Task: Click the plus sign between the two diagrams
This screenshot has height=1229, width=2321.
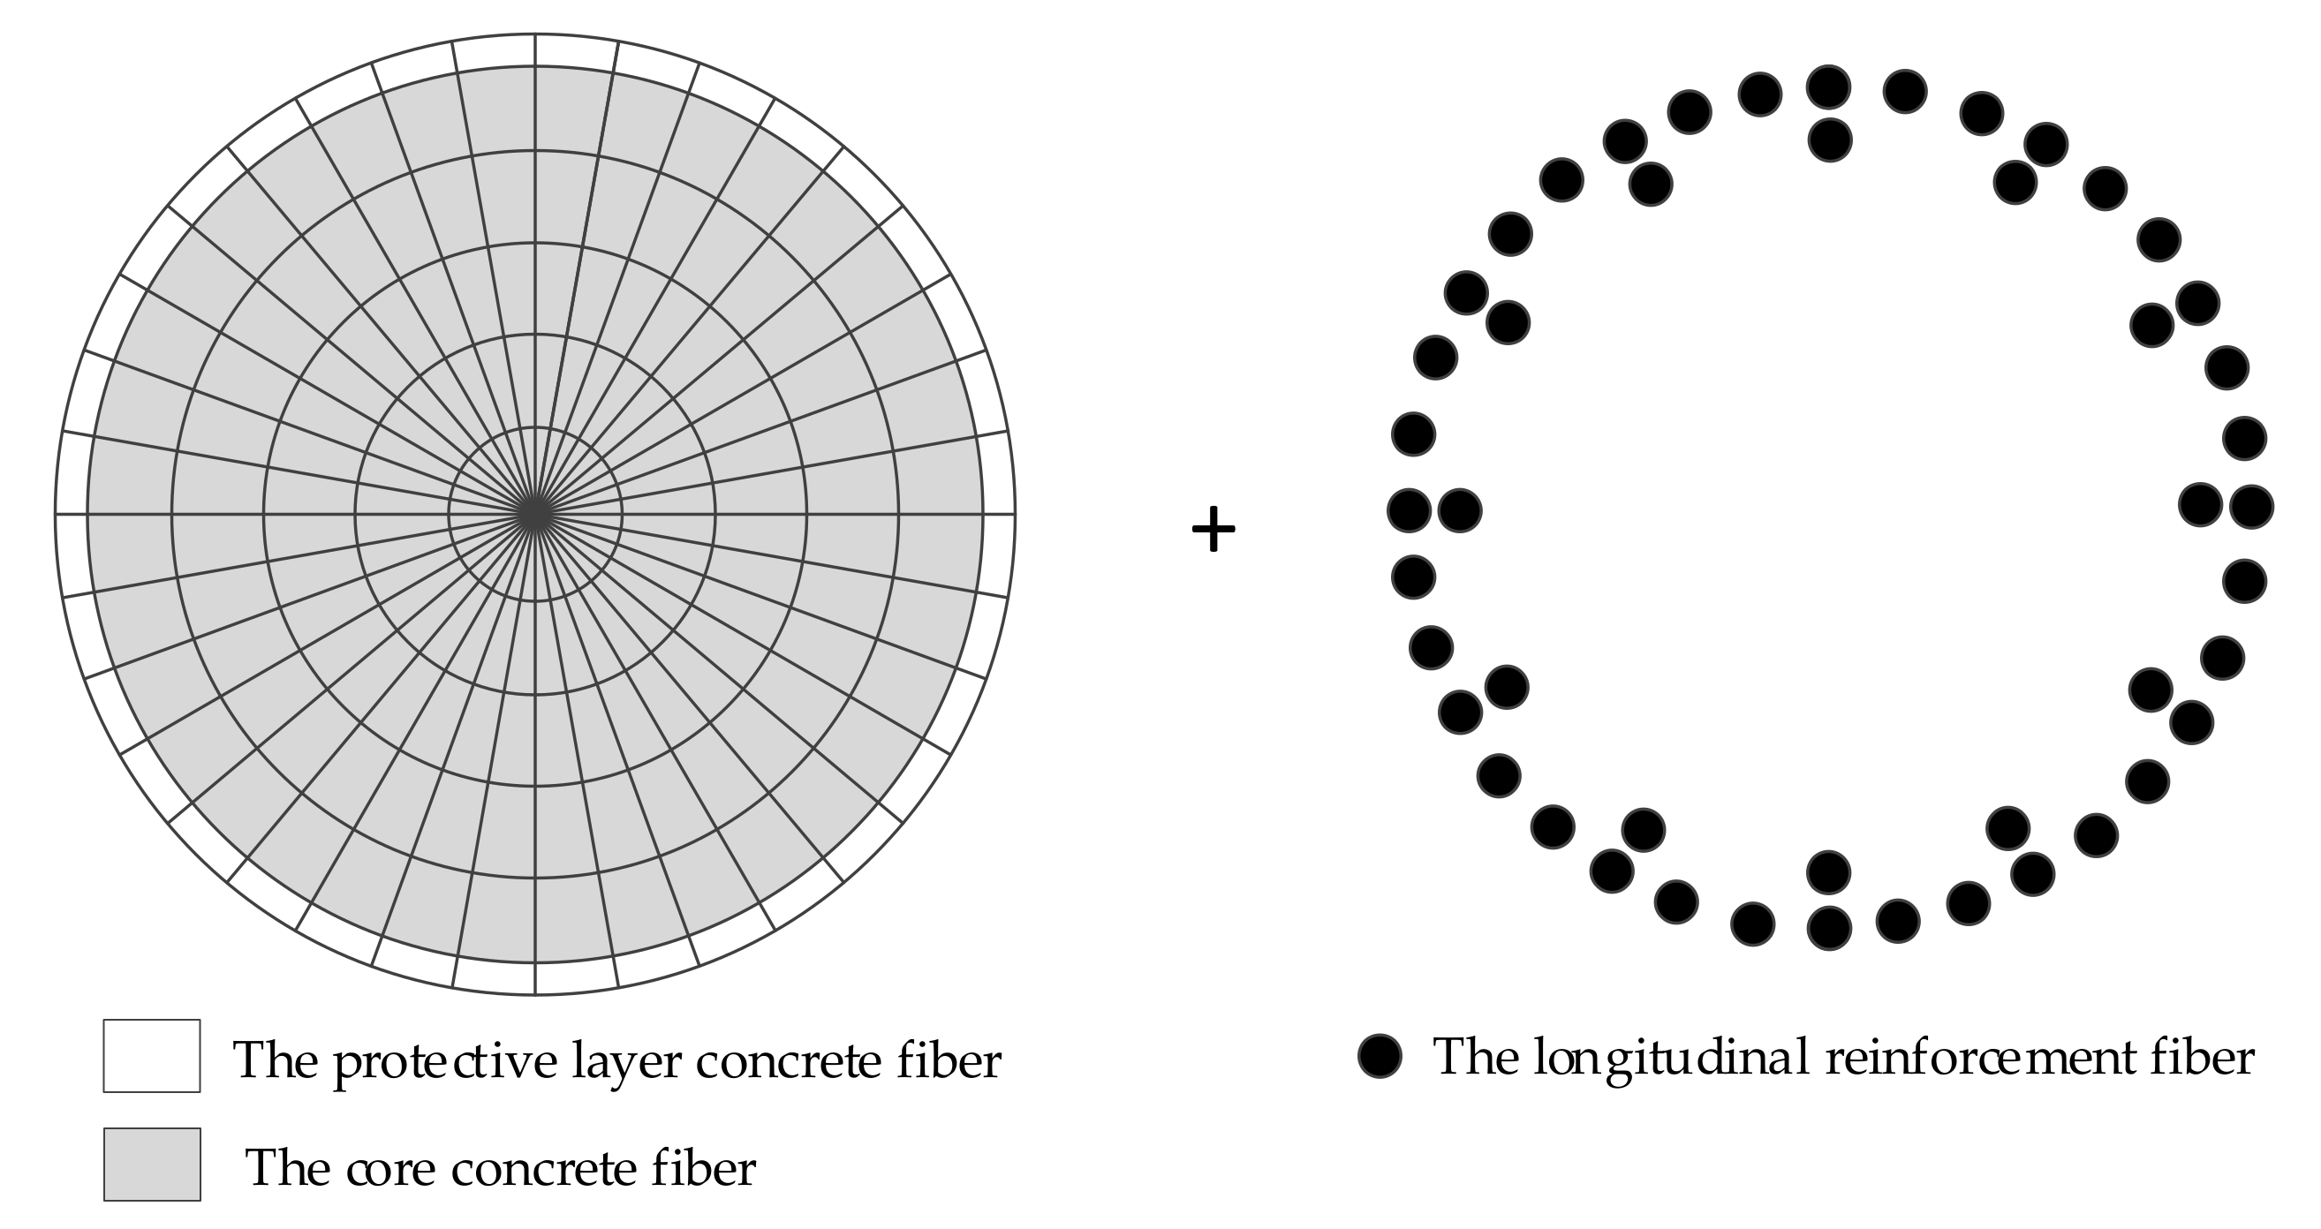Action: tap(1213, 529)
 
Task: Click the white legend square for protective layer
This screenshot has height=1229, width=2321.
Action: tap(151, 1055)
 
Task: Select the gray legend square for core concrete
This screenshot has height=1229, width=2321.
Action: tap(151, 1164)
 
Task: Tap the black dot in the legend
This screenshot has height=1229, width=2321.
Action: tap(1380, 1055)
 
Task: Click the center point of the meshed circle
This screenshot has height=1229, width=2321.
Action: tap(535, 514)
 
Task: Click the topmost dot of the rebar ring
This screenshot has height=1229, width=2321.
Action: tap(1828, 87)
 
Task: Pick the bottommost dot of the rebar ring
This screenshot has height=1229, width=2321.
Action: tap(1828, 928)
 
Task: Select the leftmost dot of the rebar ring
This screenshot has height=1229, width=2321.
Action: tap(1410, 510)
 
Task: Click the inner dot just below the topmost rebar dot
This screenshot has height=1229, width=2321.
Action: tap(1829, 139)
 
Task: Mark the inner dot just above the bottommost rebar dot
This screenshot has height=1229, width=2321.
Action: tap(1828, 872)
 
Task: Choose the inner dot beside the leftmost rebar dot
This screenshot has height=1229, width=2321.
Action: tap(1460, 511)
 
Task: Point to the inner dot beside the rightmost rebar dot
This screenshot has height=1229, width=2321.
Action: tap(2200, 504)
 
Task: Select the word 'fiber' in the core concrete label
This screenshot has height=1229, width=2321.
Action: tap(704, 1169)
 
